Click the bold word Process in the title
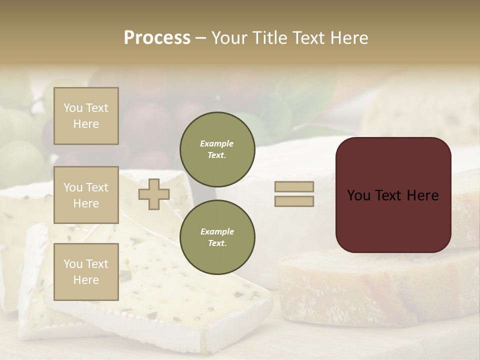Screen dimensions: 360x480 157,38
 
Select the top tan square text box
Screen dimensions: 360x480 86,116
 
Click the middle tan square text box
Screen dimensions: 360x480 86,195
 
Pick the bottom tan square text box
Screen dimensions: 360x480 86,271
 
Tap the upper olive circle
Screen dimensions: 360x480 217,149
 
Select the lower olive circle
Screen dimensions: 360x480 217,237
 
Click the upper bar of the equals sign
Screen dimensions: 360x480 294,187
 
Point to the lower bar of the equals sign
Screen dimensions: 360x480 294,201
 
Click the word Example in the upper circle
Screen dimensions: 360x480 216,143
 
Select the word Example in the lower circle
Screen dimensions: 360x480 216,231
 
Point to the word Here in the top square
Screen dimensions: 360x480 86,124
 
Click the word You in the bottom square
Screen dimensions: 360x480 73,264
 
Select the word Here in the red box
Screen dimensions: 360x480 422,195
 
